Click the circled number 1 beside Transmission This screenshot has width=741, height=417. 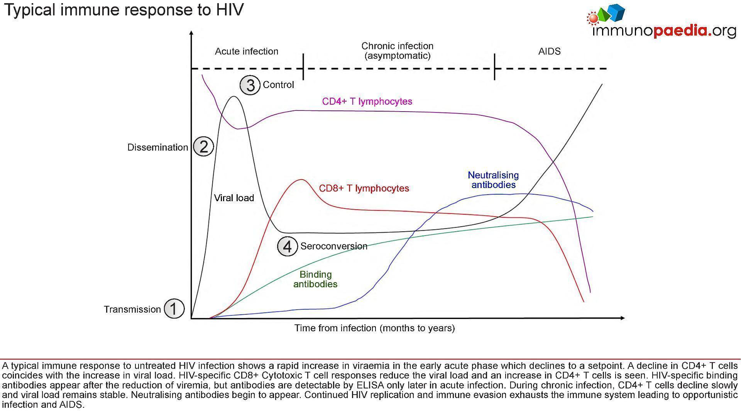174,309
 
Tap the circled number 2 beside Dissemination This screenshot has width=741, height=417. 203,147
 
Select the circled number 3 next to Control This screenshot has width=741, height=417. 250,85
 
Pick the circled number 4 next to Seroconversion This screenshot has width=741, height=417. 288,246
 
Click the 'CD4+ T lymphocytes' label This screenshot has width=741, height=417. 367,101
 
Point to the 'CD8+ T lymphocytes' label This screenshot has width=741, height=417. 364,188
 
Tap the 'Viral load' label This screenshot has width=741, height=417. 234,198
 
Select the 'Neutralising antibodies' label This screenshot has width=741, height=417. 493,180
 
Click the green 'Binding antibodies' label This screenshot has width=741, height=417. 315,279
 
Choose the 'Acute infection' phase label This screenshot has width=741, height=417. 246,51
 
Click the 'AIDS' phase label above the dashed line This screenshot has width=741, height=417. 549,51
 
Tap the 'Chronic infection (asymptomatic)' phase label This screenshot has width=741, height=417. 397,51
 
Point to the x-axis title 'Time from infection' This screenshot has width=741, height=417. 374,328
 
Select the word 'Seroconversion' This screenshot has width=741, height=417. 334,246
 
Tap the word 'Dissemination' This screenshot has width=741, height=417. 157,147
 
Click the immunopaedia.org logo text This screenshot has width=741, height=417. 664,31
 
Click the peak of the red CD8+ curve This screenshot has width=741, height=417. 301,180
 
